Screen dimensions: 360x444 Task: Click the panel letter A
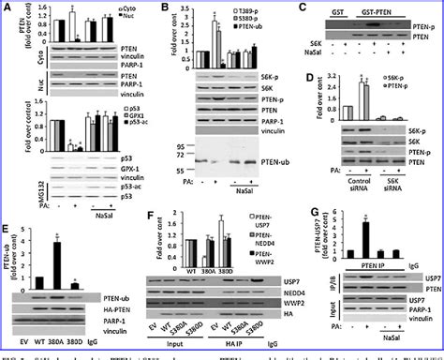7,7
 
